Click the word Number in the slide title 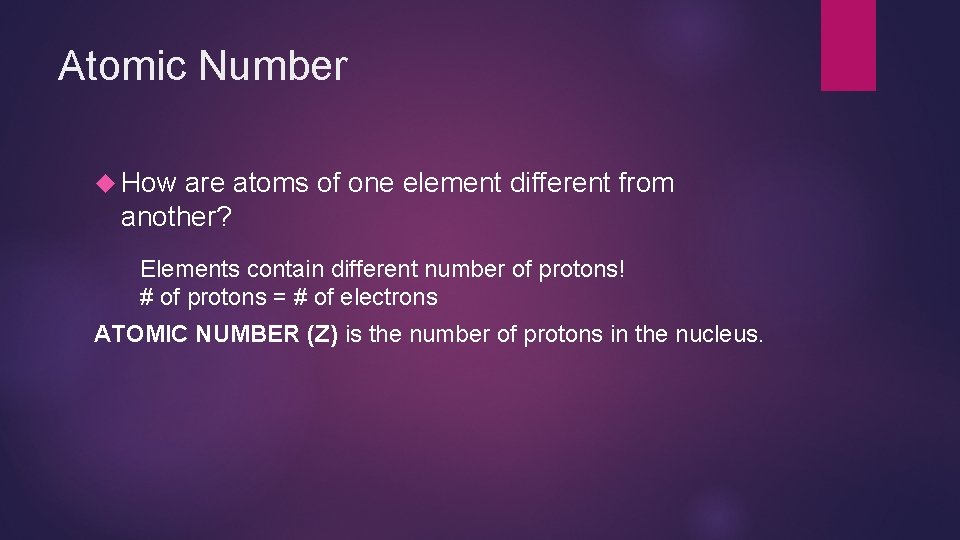[x=273, y=66]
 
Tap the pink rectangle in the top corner [x=848, y=45]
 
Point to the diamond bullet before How [x=108, y=184]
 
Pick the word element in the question [x=441, y=184]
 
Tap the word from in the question [x=647, y=184]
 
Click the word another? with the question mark [x=176, y=217]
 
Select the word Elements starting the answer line [x=190, y=269]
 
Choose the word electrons [x=389, y=297]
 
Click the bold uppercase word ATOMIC [x=139, y=333]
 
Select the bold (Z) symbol [x=321, y=333]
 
